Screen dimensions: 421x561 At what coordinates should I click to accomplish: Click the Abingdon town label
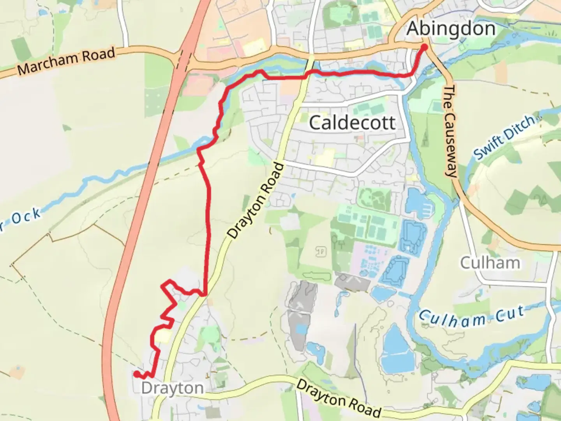(x=451, y=29)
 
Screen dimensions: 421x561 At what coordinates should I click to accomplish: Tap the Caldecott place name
(x=352, y=123)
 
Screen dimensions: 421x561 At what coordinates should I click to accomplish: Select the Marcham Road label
(x=67, y=61)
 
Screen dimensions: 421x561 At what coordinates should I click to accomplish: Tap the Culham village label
(x=490, y=263)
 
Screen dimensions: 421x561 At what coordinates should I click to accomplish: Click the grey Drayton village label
(x=172, y=388)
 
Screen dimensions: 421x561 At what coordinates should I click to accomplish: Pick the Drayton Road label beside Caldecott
(x=256, y=201)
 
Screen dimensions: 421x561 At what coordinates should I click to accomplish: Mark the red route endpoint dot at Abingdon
(x=424, y=48)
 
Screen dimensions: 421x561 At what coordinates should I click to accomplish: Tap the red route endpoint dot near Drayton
(x=136, y=374)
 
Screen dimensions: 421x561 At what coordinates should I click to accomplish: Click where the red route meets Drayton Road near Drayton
(x=204, y=294)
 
